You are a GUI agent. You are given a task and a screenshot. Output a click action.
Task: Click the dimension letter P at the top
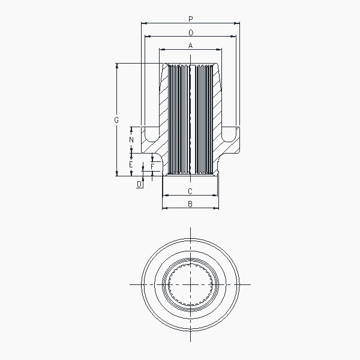(x=190, y=19)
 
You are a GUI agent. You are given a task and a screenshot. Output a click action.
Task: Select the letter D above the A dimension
(x=191, y=32)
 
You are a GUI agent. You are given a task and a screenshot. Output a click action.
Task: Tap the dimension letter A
(x=190, y=46)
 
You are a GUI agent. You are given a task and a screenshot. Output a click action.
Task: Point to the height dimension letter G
(x=116, y=120)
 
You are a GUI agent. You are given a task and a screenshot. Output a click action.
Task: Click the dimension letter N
(x=131, y=140)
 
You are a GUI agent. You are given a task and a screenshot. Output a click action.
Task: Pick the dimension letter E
(x=131, y=164)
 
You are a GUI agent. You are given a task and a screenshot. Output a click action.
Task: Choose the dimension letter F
(x=152, y=166)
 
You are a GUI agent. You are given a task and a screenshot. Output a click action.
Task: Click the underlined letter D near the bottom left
(x=139, y=184)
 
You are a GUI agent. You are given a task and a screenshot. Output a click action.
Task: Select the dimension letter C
(x=190, y=191)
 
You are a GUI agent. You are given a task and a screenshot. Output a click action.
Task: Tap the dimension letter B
(x=190, y=204)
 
